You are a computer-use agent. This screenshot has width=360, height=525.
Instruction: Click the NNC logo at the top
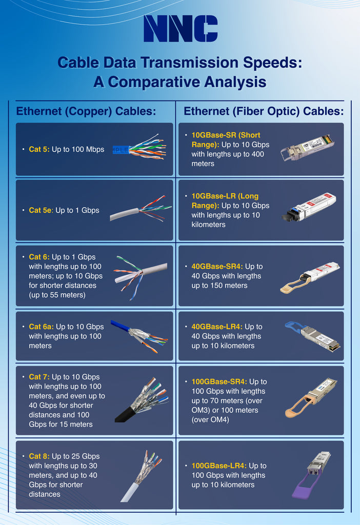[x=181, y=29]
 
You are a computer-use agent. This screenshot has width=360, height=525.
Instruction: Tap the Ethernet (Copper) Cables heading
[x=86, y=111]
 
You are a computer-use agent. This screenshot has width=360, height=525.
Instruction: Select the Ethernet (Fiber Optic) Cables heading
[x=264, y=111]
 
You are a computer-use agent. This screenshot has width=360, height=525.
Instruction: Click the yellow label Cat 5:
[x=39, y=149]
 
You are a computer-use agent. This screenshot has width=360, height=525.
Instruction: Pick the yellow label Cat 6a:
[x=41, y=327]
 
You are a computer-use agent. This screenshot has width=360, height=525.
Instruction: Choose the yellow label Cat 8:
[x=39, y=456]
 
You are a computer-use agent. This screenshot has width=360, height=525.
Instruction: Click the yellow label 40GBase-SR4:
[x=217, y=267]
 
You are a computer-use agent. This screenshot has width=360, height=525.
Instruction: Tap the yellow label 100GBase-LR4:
[x=219, y=466]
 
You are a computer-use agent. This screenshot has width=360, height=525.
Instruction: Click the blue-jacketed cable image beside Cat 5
[x=139, y=147]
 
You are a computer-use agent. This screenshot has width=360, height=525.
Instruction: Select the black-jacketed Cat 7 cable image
[x=142, y=400]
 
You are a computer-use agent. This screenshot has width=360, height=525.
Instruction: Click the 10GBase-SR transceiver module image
[x=307, y=147]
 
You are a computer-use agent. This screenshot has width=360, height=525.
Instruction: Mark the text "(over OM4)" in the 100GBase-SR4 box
[x=210, y=419]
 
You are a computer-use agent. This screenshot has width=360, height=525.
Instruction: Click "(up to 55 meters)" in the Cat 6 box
[x=57, y=295]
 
